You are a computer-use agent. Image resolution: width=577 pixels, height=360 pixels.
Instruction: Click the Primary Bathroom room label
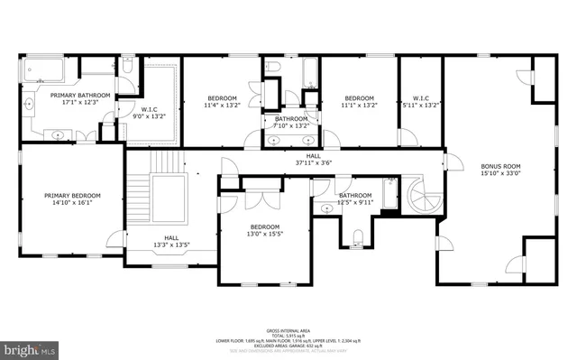click(x=80, y=98)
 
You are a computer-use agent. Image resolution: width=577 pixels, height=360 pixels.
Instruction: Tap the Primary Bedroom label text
click(x=73, y=199)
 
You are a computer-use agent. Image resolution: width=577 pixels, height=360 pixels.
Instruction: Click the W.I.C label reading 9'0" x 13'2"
click(x=149, y=112)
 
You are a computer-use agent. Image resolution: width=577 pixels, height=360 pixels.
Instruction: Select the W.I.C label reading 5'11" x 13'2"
click(x=425, y=102)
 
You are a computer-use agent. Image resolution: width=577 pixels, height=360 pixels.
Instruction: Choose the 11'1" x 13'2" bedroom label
click(x=359, y=102)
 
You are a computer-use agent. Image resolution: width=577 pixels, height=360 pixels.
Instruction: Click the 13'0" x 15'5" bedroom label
click(x=265, y=231)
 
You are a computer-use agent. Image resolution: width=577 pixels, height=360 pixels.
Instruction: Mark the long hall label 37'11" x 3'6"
click(x=313, y=160)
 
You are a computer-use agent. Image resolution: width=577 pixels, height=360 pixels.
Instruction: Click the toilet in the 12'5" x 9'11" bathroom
click(x=359, y=238)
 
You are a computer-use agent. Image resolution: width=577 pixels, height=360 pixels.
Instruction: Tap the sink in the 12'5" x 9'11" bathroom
click(x=325, y=208)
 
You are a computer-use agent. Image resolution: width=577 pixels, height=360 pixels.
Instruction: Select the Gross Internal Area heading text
click(x=288, y=331)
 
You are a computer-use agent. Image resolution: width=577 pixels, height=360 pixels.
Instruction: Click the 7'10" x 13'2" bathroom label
click(x=291, y=123)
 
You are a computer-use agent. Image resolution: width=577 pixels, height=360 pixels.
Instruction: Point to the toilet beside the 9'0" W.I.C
click(x=128, y=67)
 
